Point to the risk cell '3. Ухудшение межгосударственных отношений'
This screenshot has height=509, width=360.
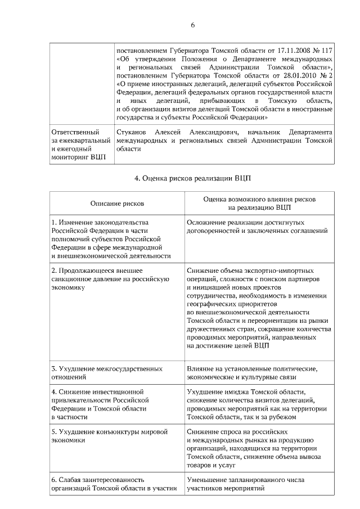pos(107,373)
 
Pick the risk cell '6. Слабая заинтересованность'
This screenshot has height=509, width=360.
pos(112,484)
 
